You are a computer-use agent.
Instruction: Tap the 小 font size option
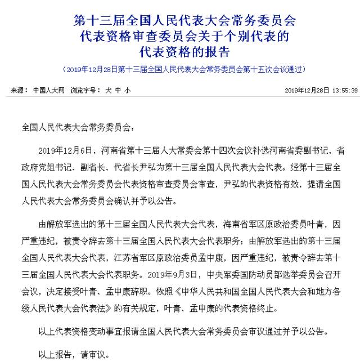128,90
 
